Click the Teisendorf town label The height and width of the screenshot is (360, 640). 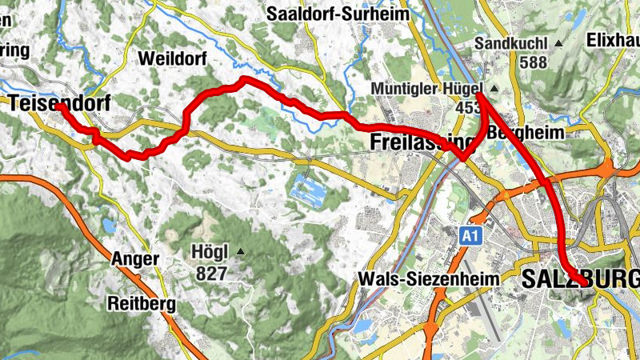point(60,102)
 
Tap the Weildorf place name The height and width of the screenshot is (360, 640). point(172,58)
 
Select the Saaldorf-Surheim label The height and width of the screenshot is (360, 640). point(338,14)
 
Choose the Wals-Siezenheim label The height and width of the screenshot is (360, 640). point(430,279)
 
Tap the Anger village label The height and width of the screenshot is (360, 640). point(135,259)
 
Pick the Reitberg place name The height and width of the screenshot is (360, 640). point(142,304)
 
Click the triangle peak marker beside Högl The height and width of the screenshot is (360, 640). point(241,252)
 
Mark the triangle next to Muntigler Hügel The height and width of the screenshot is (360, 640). point(494,88)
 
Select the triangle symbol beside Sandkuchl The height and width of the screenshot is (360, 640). point(558,42)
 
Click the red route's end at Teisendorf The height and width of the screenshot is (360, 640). point(58,106)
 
